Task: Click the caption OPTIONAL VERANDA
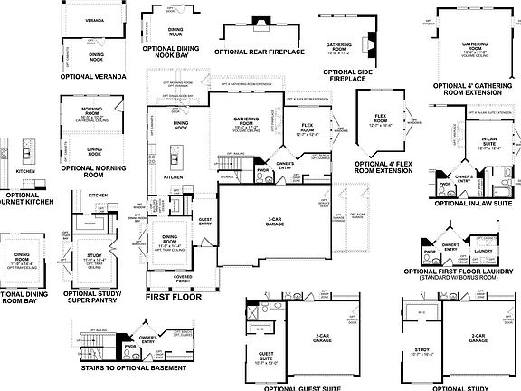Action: [x=93, y=77]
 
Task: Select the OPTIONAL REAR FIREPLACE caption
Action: [x=259, y=52]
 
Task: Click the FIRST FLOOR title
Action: [x=172, y=296]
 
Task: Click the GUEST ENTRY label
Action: [x=205, y=221]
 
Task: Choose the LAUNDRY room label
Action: [x=482, y=251]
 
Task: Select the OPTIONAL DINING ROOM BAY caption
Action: [x=24, y=297]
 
